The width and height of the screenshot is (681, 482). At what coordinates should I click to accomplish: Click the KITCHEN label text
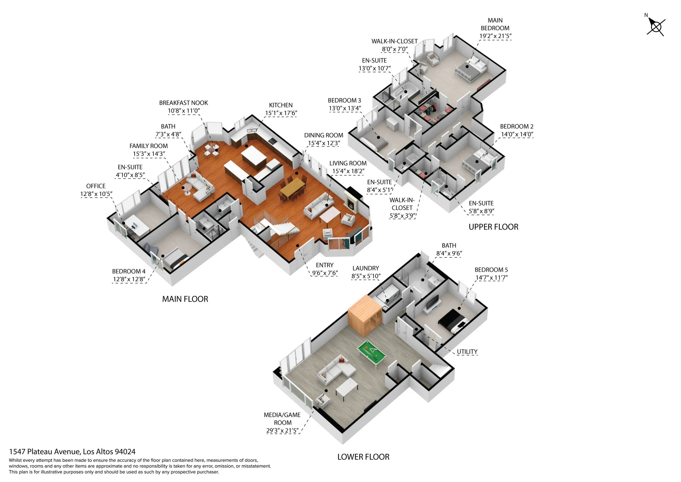pos(281,105)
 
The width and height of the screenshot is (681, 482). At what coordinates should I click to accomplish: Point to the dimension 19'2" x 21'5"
pos(495,36)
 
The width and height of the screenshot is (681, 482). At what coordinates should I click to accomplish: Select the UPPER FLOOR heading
pos(493,227)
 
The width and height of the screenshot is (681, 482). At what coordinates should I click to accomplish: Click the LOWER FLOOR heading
pos(363,457)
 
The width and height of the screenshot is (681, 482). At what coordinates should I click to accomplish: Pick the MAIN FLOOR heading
pos(185,299)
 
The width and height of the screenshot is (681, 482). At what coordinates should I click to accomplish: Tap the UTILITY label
pos(467,352)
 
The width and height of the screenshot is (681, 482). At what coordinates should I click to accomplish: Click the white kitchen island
pos(254,157)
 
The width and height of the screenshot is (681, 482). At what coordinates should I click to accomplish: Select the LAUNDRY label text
pos(366,268)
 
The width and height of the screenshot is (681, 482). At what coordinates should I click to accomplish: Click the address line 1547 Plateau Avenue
pos(72,452)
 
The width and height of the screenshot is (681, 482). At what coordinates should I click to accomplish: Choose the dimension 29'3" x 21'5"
pos(282,431)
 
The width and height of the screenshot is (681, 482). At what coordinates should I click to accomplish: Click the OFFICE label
pos(96,186)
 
